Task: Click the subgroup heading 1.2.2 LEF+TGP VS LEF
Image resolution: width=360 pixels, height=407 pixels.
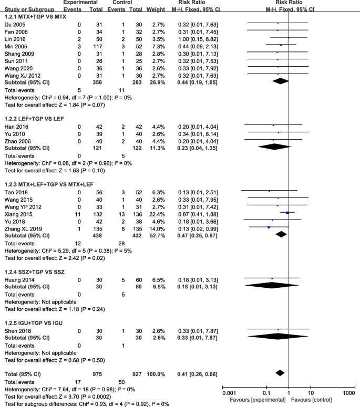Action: click(x=36, y=118)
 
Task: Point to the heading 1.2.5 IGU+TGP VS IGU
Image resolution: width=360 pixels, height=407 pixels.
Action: click(x=35, y=321)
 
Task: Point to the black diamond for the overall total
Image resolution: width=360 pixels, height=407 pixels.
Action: click(x=279, y=372)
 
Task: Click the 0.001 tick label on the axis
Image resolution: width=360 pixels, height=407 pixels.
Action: click(x=229, y=392)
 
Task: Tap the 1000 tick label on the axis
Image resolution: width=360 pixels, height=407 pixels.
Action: click(x=348, y=392)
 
